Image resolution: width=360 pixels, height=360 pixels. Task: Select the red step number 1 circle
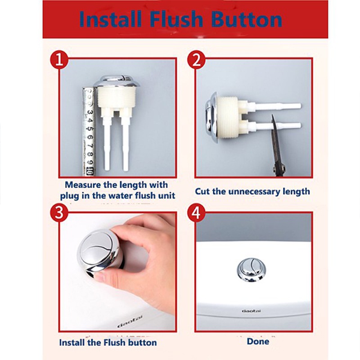click(x=59, y=60)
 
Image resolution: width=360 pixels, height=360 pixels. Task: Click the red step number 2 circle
click(x=197, y=60)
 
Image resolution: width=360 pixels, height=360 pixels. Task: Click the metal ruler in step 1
click(x=89, y=131)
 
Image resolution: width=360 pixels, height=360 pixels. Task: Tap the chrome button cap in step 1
click(x=116, y=81)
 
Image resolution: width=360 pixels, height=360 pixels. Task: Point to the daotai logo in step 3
click(x=130, y=321)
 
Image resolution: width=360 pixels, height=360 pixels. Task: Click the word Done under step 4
click(x=258, y=342)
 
